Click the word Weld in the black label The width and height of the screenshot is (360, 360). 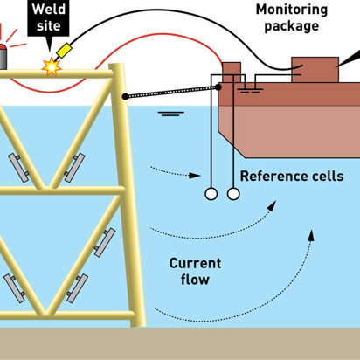(49, 10)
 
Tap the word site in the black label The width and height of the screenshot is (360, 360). (49, 25)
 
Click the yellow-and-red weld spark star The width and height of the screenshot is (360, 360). (52, 66)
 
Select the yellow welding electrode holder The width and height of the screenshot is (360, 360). (64, 50)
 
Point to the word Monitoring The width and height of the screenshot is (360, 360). (292, 10)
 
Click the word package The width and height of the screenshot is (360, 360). (292, 26)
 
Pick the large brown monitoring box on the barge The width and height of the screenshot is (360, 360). (315, 70)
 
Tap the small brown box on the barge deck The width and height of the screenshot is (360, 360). (232, 73)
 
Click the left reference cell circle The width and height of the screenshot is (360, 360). (211, 194)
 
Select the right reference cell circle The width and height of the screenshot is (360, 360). (233, 194)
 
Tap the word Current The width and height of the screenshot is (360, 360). (195, 263)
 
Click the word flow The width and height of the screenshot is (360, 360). (195, 280)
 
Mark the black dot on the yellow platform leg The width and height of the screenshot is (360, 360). (125, 97)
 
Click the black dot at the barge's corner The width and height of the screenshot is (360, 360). (218, 87)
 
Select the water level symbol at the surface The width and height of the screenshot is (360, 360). (171, 114)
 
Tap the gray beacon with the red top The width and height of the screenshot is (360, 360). (3, 57)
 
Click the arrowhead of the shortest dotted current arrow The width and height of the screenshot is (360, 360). (195, 176)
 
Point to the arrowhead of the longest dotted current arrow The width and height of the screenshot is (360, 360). (311, 235)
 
